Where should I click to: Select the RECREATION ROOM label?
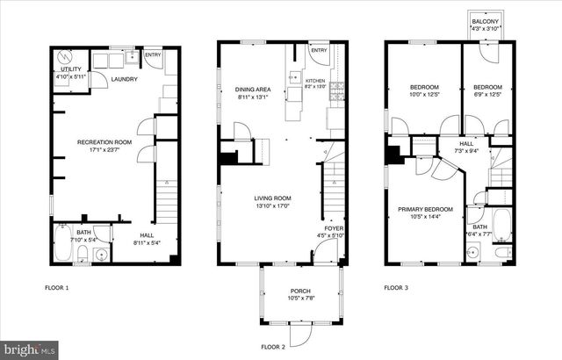[104, 141]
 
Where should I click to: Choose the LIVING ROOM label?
[273, 198]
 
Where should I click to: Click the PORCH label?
[300, 292]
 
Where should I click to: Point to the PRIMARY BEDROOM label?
[425, 209]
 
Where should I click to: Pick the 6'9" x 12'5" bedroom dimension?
[487, 94]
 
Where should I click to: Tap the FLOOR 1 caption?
[57, 287]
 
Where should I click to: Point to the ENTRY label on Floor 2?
[318, 50]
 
